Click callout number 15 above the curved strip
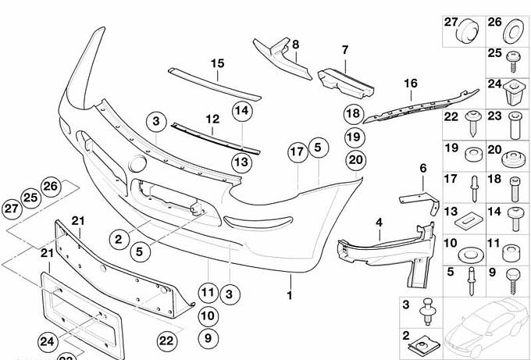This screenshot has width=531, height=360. coord(217,62)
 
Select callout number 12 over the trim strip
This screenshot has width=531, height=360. coord(212,119)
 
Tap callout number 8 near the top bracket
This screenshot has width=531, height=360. coord(295,45)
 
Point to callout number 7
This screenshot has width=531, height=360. coord(344,50)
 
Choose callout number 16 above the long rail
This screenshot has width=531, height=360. coord(411,84)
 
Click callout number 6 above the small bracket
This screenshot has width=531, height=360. coord(422,168)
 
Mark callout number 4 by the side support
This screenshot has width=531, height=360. coord(378,222)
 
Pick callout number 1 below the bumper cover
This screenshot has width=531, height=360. coord(289,296)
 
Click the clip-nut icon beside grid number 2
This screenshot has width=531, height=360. coord(426,341)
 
